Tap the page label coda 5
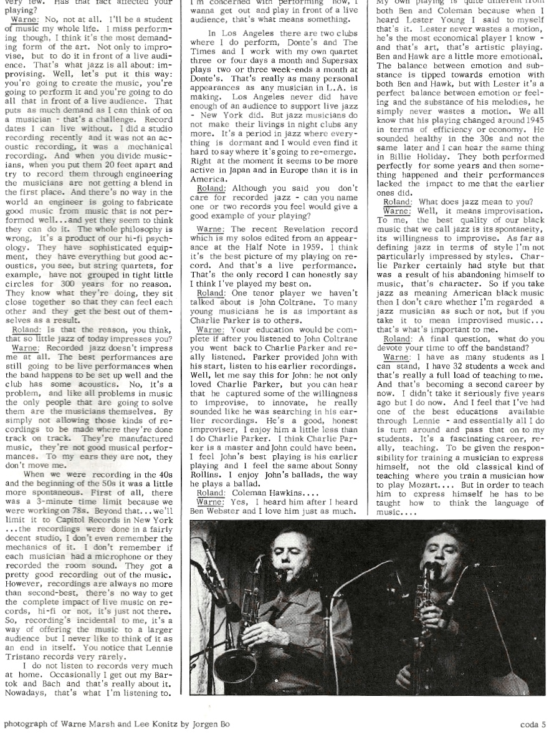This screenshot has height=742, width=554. tap(533, 725)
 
